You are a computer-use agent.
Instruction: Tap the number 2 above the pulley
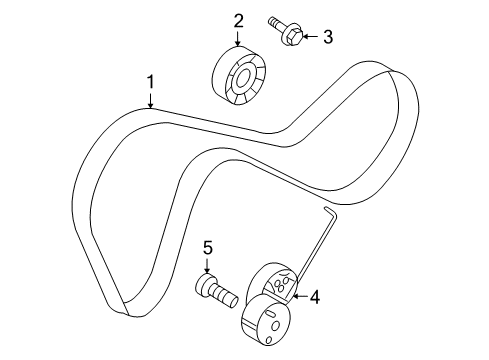(x=239, y=20)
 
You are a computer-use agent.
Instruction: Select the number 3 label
(x=326, y=37)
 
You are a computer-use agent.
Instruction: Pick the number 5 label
(x=208, y=247)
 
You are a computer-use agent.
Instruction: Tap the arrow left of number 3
(x=308, y=38)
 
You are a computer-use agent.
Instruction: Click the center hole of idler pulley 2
(x=240, y=78)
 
